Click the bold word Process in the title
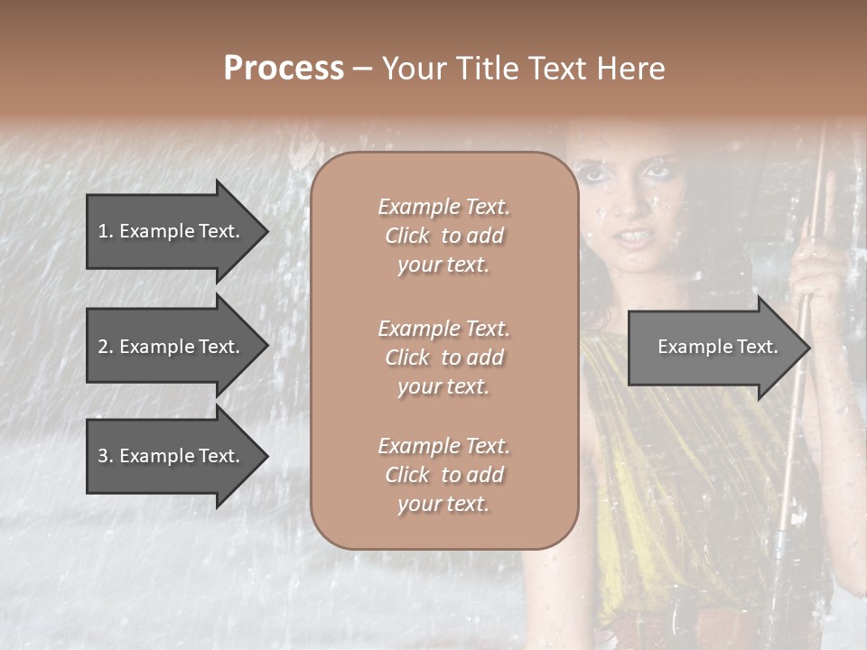(284, 69)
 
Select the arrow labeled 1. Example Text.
(172, 231)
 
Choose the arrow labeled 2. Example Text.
(172, 347)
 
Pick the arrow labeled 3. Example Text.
(172, 456)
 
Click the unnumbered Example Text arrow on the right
(713, 347)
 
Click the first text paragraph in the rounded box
(443, 236)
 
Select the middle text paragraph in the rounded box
(443, 357)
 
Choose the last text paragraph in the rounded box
(443, 475)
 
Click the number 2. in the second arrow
(106, 347)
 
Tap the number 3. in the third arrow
(106, 456)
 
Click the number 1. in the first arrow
(106, 231)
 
